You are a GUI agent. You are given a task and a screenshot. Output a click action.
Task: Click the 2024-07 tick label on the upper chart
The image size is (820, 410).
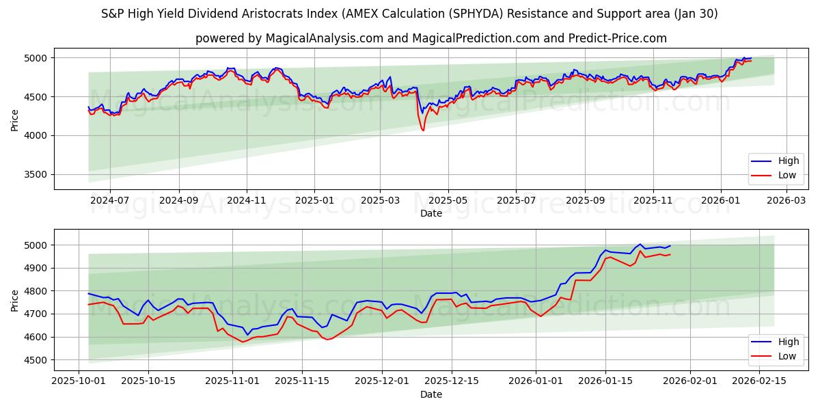(x=109, y=201)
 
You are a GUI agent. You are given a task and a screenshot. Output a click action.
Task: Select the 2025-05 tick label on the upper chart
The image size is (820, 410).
(x=448, y=201)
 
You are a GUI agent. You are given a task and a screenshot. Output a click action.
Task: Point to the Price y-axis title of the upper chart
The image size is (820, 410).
(x=15, y=119)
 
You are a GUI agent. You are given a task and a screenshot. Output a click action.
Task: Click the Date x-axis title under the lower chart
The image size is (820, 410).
(x=430, y=394)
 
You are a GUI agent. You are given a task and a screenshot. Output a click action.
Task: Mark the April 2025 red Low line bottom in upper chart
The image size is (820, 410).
(x=423, y=131)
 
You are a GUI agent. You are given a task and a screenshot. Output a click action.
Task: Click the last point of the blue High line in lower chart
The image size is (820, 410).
(x=670, y=245)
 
